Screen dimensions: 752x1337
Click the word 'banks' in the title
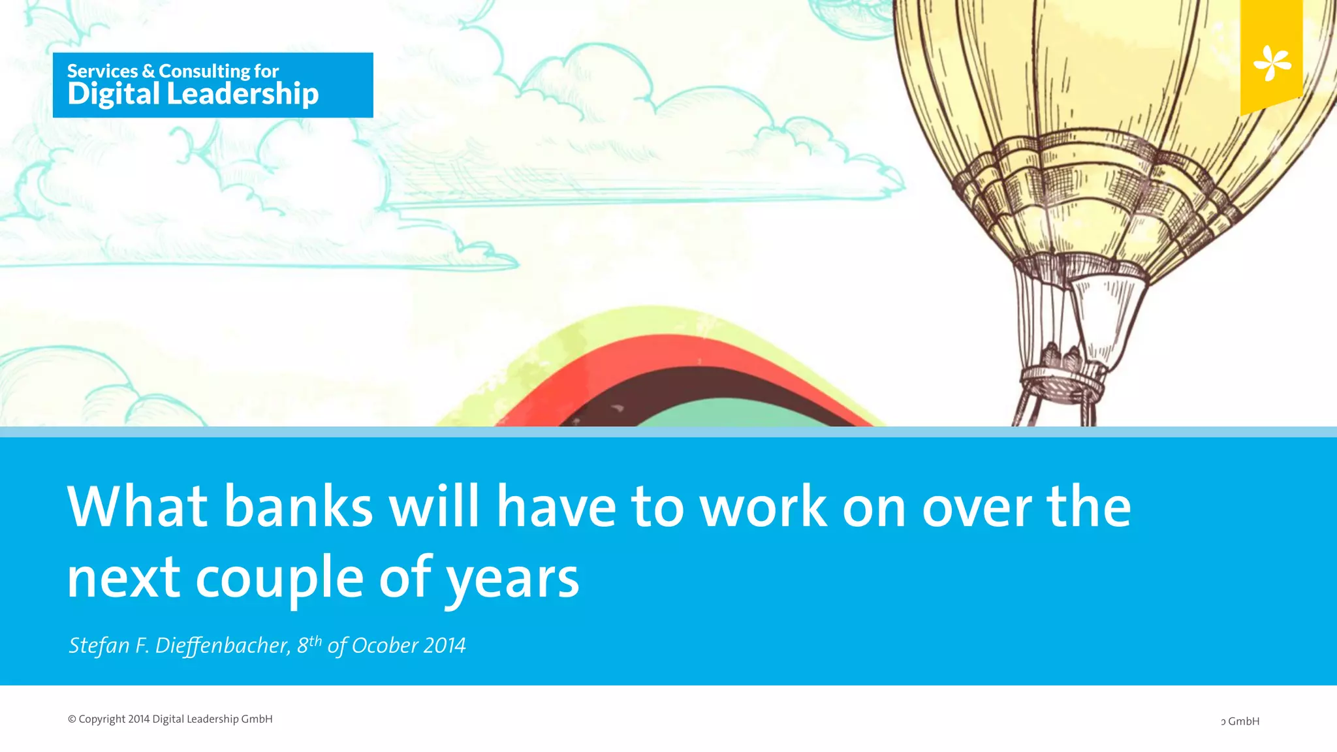pyautogui.click(x=298, y=507)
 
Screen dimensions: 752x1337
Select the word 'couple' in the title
pyautogui.click(x=279, y=578)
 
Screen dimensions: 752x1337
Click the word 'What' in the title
pyautogui.click(x=138, y=507)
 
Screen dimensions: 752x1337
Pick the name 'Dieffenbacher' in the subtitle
pyautogui.click(x=222, y=646)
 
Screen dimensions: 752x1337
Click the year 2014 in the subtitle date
pyautogui.click(x=445, y=646)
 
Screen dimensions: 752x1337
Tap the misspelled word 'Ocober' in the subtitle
pyautogui.click(x=385, y=646)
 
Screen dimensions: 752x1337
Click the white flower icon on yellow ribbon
pyautogui.click(x=1272, y=63)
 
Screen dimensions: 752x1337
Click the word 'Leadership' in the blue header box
pyautogui.click(x=243, y=94)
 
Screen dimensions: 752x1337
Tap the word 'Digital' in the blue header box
pyautogui.click(x=114, y=94)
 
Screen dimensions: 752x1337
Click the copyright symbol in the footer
pyautogui.click(x=72, y=719)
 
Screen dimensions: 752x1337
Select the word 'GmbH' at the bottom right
pyautogui.click(x=1243, y=721)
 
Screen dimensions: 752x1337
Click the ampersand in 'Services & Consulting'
pyautogui.click(x=148, y=71)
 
